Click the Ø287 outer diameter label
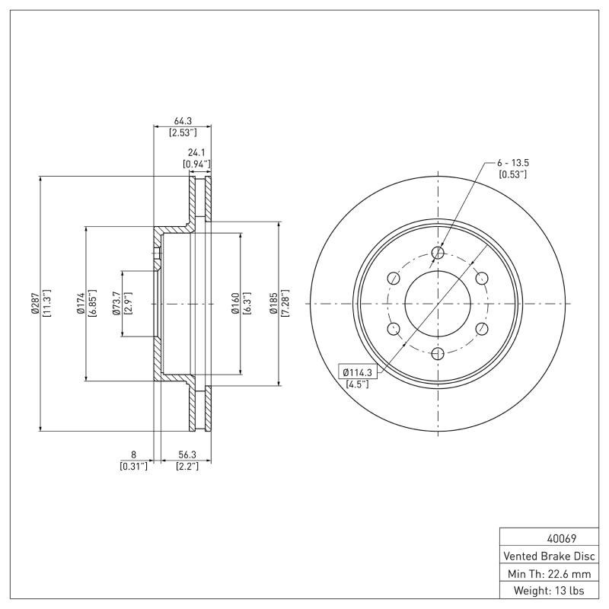click(34, 304)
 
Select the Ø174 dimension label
click(81, 304)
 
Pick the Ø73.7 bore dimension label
click(116, 304)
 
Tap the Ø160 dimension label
click(236, 304)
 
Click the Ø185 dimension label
click(273, 304)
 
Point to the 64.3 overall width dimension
click(183, 120)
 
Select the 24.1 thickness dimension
click(197, 152)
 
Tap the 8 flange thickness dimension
click(133, 454)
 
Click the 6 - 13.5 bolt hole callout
click(512, 163)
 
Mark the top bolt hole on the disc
click(438, 253)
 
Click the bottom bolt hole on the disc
click(438, 354)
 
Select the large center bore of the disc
click(438, 304)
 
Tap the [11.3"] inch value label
click(46, 304)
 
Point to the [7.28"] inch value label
click(285, 304)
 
